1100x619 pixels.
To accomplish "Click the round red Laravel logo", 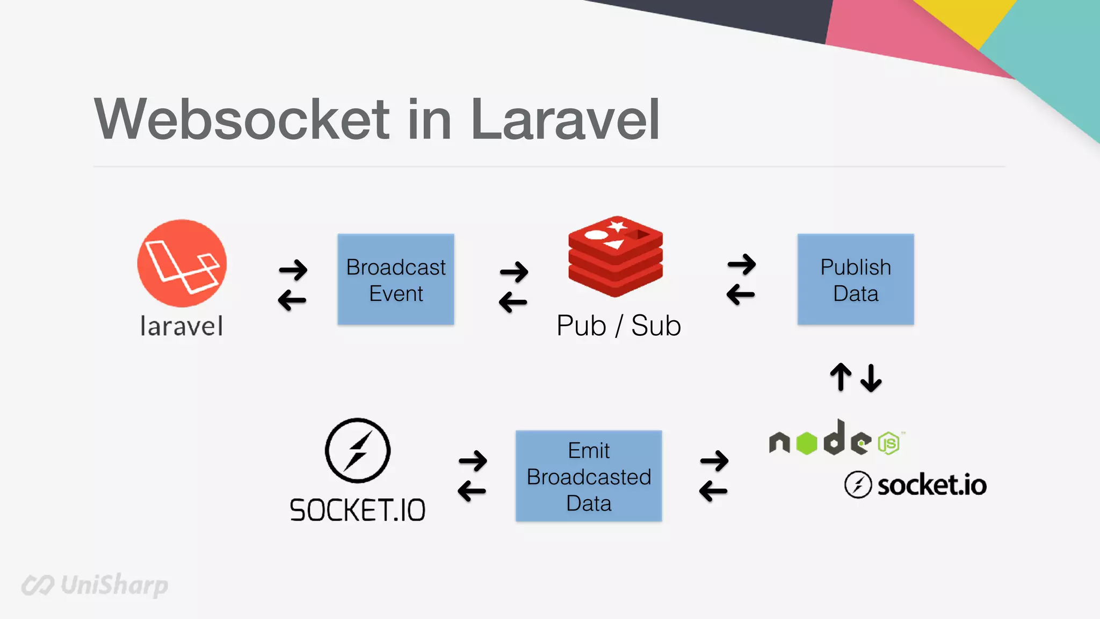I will coord(182,263).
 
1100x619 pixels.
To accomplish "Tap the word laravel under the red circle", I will coord(182,326).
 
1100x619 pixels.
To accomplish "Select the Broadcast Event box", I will coord(396,279).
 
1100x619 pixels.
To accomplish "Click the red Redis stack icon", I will coord(616,256).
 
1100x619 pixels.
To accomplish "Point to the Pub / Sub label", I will coord(619,326).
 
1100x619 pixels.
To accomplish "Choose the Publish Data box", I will coord(856,279).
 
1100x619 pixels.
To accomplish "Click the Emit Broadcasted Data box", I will coord(589,476).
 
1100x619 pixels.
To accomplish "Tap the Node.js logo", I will coord(836,440).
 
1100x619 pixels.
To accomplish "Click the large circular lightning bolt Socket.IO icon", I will coord(358,450).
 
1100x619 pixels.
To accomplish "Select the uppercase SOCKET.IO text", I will coord(358,510).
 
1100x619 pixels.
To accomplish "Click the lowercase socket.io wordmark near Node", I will coord(931,485).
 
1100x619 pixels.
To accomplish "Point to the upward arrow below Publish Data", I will coord(841,377).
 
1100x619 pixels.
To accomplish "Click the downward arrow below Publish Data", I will coord(871,378).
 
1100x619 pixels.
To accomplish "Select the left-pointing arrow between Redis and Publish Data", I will coord(741,294).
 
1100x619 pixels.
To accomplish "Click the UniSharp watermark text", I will coord(114,585).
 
